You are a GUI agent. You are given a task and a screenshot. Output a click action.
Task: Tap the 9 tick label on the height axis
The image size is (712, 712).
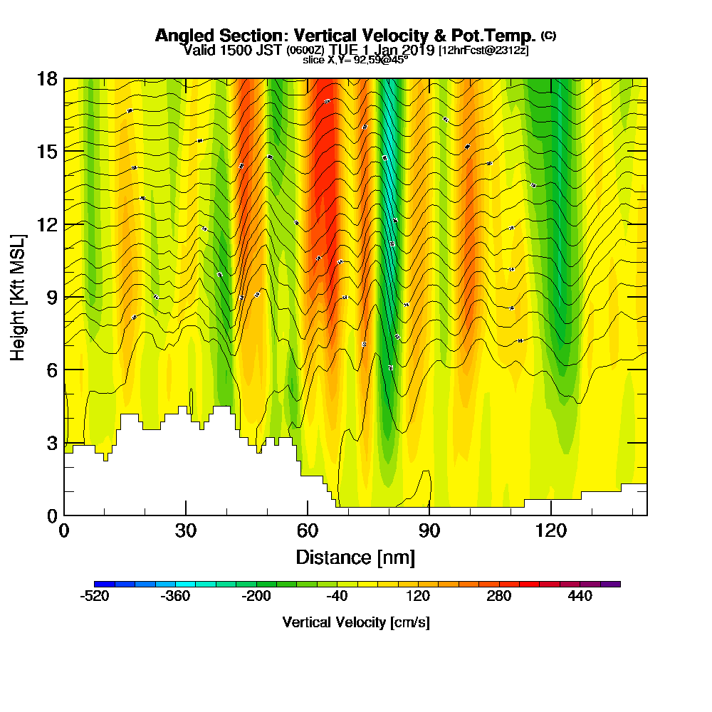[51, 297]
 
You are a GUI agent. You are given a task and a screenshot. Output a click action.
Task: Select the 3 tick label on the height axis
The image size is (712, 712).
[51, 443]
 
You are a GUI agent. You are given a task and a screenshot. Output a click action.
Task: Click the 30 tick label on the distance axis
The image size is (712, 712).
[186, 530]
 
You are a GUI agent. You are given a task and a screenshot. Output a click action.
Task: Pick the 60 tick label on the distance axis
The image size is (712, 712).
[308, 530]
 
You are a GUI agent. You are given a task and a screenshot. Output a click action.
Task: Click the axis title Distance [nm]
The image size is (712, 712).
[355, 556]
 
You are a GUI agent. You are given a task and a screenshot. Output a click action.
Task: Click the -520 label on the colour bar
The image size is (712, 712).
[95, 597]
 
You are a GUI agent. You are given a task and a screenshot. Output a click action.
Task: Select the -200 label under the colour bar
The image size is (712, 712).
[256, 597]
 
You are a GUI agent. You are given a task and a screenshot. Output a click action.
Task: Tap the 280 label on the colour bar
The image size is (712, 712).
[498, 597]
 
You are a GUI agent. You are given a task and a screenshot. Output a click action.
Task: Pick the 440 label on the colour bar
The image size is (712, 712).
[580, 597]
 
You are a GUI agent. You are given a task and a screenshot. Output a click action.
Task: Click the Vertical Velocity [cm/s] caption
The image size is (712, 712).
[356, 622]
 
